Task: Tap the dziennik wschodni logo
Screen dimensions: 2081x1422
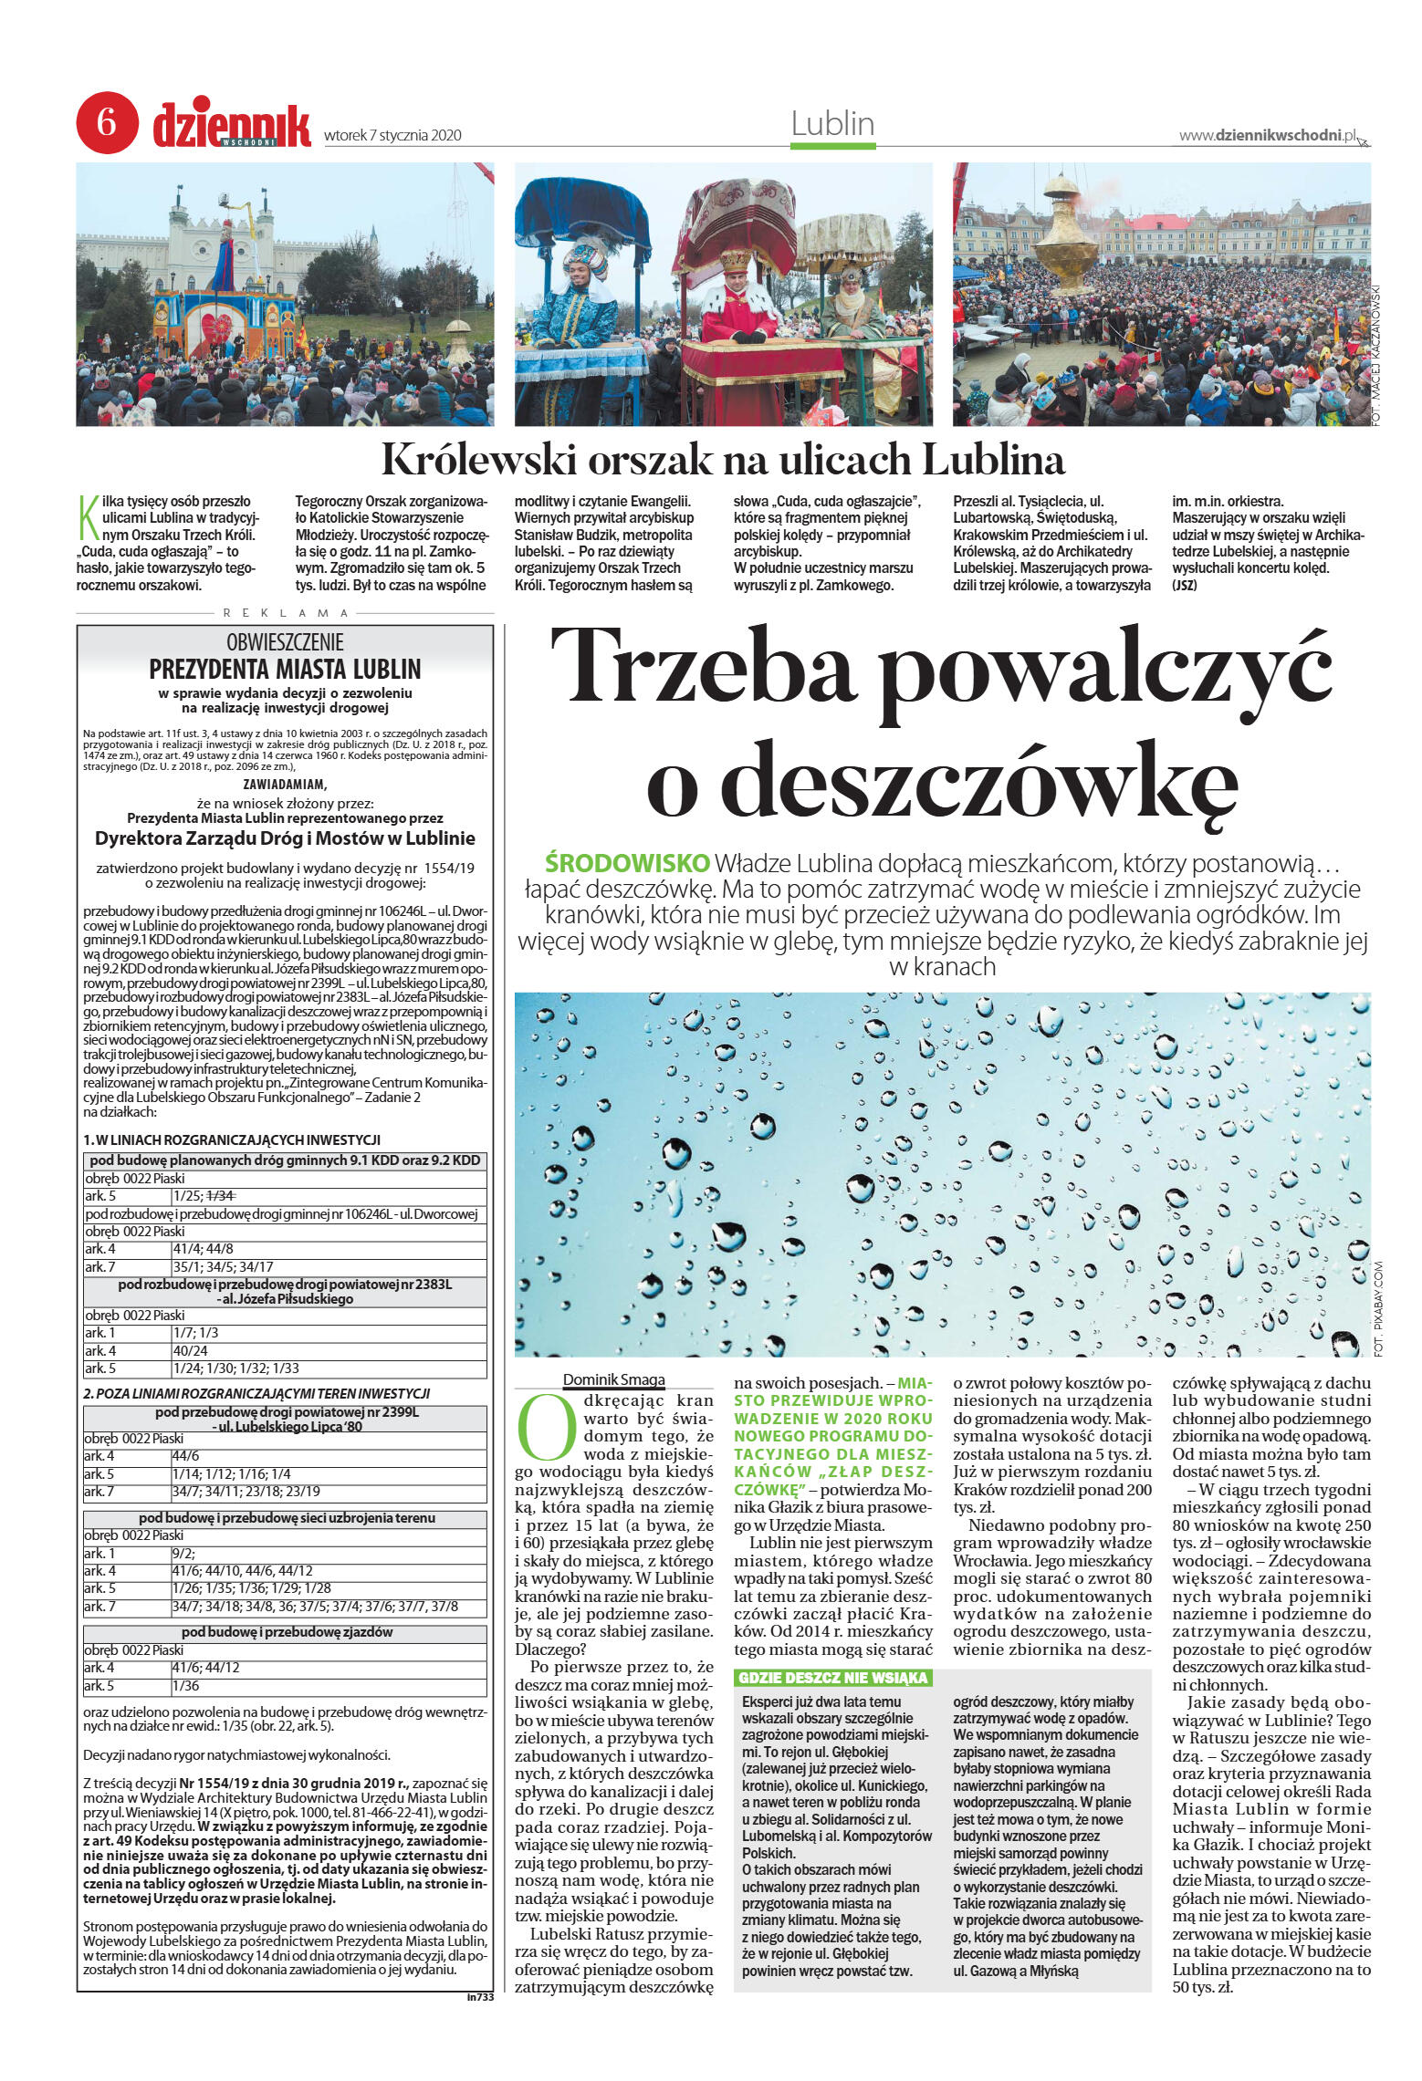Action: click(x=232, y=126)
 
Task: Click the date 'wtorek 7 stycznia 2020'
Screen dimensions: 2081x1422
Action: click(x=392, y=136)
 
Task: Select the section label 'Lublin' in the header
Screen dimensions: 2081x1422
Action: click(x=831, y=123)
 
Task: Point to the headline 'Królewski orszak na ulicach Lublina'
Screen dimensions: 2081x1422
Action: click(x=722, y=460)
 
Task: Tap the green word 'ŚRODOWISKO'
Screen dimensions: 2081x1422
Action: click(x=626, y=862)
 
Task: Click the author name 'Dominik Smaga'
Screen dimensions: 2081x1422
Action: click(x=613, y=1379)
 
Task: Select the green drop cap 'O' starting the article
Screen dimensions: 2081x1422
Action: click(x=545, y=1425)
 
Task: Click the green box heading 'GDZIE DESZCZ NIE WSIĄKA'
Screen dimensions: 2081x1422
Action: click(x=831, y=1678)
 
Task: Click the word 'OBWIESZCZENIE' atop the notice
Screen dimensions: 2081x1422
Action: click(x=285, y=641)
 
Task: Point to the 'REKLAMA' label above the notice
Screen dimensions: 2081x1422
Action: click(x=285, y=613)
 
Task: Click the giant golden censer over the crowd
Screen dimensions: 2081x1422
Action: click(x=1064, y=235)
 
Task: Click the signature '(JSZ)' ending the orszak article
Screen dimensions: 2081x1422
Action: click(x=1184, y=585)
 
